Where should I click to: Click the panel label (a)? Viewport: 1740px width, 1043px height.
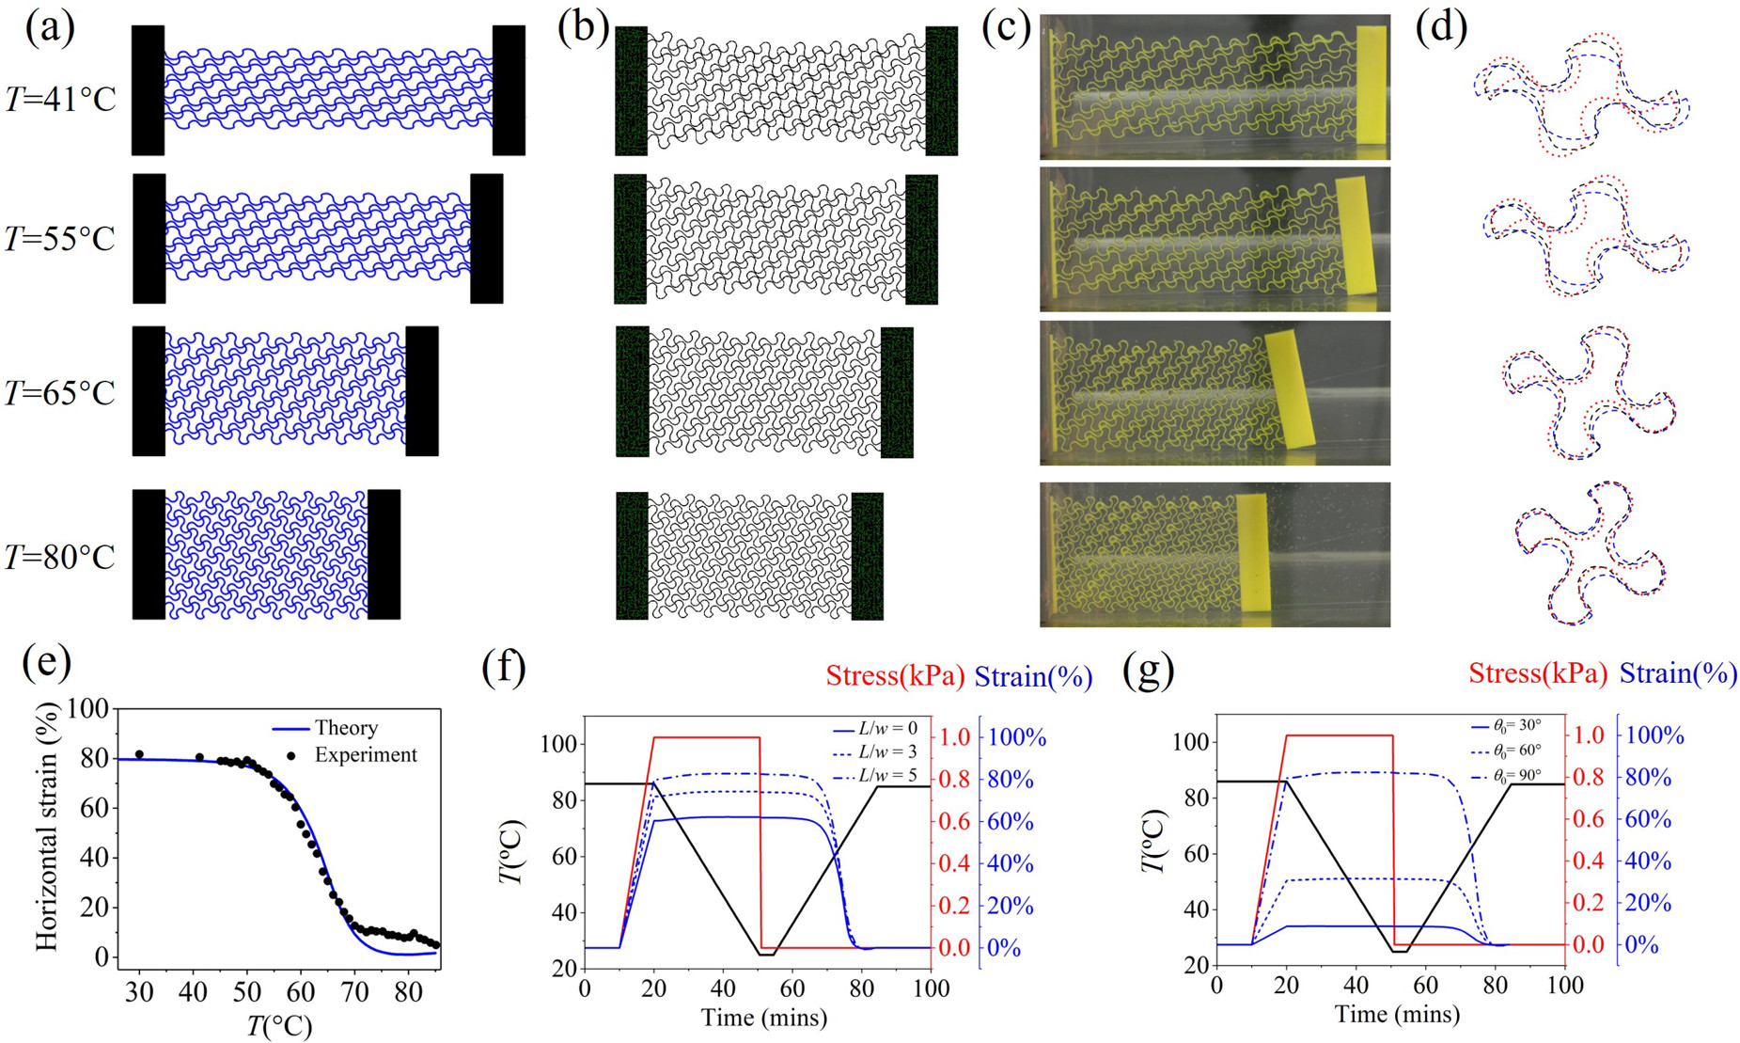tap(50, 29)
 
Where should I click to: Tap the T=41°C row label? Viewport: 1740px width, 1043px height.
tap(60, 98)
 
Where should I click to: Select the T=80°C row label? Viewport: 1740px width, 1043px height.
tap(60, 558)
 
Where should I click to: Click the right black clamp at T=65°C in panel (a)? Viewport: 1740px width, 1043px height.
tap(422, 391)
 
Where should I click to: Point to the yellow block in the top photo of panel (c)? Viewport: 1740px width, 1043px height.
tap(1372, 85)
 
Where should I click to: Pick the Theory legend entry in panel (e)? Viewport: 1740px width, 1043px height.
tap(346, 728)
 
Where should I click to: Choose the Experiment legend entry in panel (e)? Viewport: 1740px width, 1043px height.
tap(366, 754)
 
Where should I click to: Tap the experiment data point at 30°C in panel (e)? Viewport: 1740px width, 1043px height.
tap(139, 754)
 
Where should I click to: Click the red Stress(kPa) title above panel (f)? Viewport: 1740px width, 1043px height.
tap(895, 676)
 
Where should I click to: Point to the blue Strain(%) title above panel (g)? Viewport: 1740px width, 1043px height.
tap(1678, 673)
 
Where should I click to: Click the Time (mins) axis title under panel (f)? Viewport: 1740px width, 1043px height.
tap(763, 1017)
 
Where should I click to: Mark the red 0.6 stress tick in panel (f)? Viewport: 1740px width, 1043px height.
tap(955, 822)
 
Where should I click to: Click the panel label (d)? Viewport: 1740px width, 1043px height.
tap(1441, 29)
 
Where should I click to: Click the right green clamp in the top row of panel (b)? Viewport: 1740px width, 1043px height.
tap(941, 90)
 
